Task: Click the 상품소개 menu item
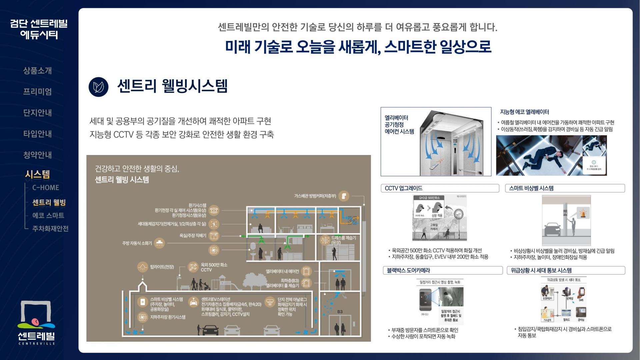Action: [37, 71]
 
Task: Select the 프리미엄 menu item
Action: [37, 92]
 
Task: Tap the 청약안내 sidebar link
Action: [37, 155]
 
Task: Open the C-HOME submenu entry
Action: [46, 188]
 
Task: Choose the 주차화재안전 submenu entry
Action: [50, 229]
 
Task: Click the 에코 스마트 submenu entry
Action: [48, 216]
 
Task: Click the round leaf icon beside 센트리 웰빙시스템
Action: [99, 87]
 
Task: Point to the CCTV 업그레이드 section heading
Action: [404, 188]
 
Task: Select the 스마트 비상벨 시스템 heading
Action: [531, 188]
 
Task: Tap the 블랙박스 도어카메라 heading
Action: [408, 270]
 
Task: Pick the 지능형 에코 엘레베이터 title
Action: [524, 112]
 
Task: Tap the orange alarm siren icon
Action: [584, 213]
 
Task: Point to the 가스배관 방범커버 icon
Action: [344, 196]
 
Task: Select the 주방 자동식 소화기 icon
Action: [160, 243]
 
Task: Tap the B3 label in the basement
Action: [340, 312]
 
